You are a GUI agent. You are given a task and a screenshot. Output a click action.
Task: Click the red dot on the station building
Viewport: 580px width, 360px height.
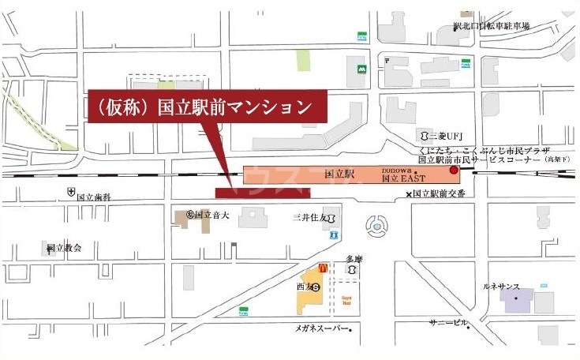point(454,171)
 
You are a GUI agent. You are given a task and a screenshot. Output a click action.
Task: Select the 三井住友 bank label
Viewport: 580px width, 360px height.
point(313,216)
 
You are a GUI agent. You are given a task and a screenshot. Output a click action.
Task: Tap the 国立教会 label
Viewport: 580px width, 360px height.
point(64,248)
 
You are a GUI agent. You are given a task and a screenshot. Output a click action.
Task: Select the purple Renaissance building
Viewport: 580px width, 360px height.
point(517,301)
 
